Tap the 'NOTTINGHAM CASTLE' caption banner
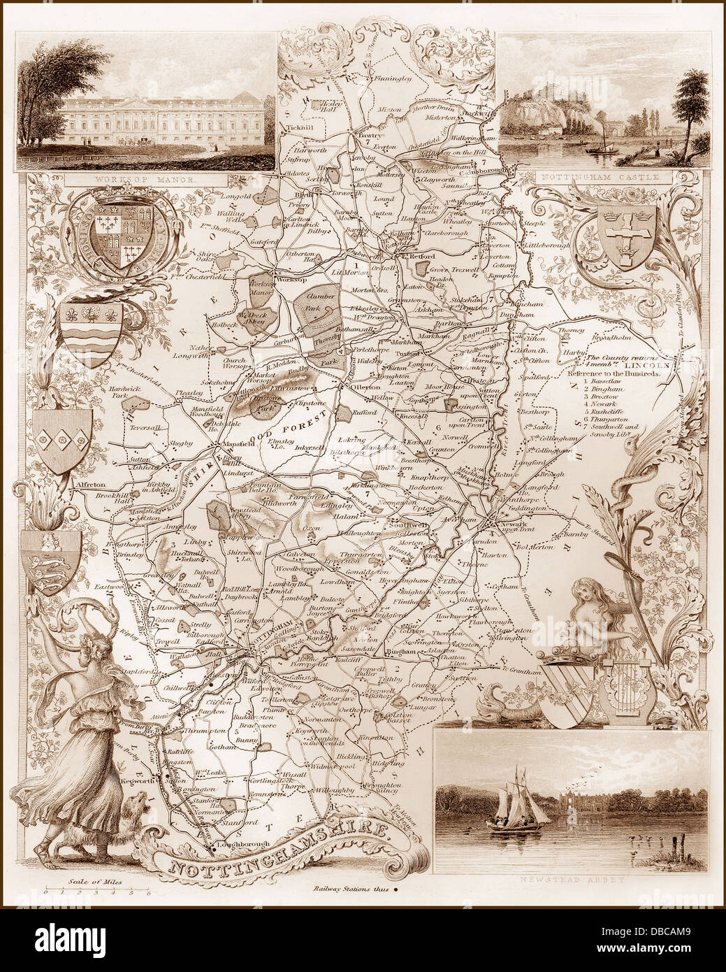(x=603, y=178)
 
